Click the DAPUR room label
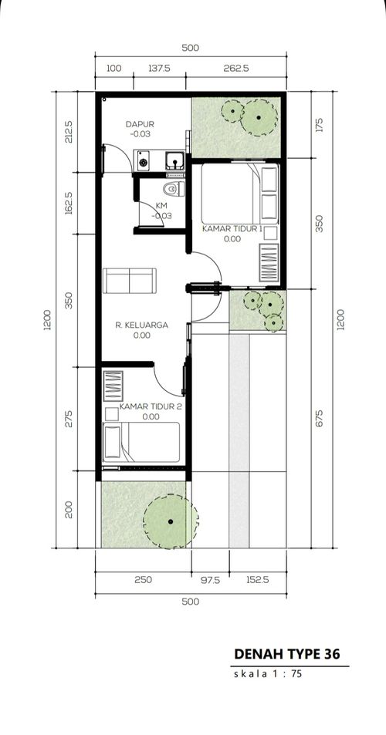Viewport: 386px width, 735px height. pyautogui.click(x=139, y=124)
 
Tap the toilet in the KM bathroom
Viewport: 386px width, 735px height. pyautogui.click(x=173, y=189)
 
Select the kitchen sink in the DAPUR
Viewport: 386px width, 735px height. pyautogui.click(x=174, y=160)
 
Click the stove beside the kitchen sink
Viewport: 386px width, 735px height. pyautogui.click(x=142, y=160)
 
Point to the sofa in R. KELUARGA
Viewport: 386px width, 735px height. pyautogui.click(x=130, y=281)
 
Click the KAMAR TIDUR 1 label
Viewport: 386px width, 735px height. pyautogui.click(x=232, y=229)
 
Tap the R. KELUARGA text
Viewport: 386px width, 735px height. pyautogui.click(x=141, y=325)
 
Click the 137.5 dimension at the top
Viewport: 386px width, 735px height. pyautogui.click(x=160, y=69)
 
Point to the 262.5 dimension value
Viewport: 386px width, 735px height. pyautogui.click(x=236, y=69)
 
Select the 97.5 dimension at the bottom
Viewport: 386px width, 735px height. pyautogui.click(x=210, y=580)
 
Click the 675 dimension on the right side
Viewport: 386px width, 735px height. pyautogui.click(x=320, y=419)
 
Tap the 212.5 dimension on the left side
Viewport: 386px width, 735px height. pyautogui.click(x=69, y=132)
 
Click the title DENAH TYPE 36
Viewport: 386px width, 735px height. pyautogui.click(x=287, y=653)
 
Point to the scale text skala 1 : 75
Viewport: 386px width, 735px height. pyautogui.click(x=267, y=675)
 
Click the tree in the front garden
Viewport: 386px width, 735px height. pyautogui.click(x=171, y=521)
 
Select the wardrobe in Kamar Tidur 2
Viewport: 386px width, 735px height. pyautogui.click(x=113, y=386)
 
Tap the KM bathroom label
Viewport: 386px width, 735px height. pyautogui.click(x=161, y=207)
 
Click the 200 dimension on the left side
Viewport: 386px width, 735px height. pyautogui.click(x=69, y=510)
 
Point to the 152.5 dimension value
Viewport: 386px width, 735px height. pyautogui.click(x=258, y=580)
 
